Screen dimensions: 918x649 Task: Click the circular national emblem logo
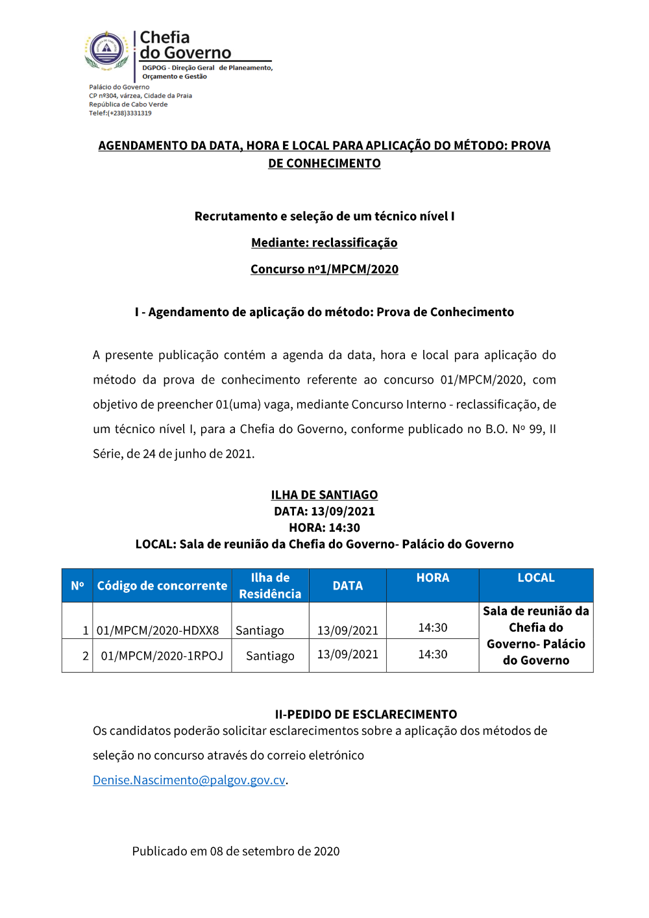(107, 49)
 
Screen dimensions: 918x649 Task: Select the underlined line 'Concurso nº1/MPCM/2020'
(324, 269)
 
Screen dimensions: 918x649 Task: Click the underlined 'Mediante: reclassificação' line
(324, 243)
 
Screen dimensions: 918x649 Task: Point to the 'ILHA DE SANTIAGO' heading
(324, 495)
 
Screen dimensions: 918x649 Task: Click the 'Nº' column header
(77, 586)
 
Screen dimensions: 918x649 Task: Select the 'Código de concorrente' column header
(162, 586)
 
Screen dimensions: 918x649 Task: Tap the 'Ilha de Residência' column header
(270, 586)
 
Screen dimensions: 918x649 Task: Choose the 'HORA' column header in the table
(433, 578)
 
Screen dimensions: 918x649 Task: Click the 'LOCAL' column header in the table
(536, 578)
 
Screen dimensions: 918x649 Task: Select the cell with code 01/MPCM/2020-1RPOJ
(162, 656)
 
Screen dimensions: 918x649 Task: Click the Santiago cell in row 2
(270, 656)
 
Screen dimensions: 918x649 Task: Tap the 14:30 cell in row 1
(433, 628)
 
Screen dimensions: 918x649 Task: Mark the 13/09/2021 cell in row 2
(348, 654)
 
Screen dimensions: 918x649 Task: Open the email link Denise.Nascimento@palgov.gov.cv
(189, 780)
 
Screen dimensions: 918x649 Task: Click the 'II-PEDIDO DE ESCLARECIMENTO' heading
(366, 714)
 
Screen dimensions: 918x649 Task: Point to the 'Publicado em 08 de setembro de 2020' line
(236, 851)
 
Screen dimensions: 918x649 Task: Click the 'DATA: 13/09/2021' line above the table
(324, 511)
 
